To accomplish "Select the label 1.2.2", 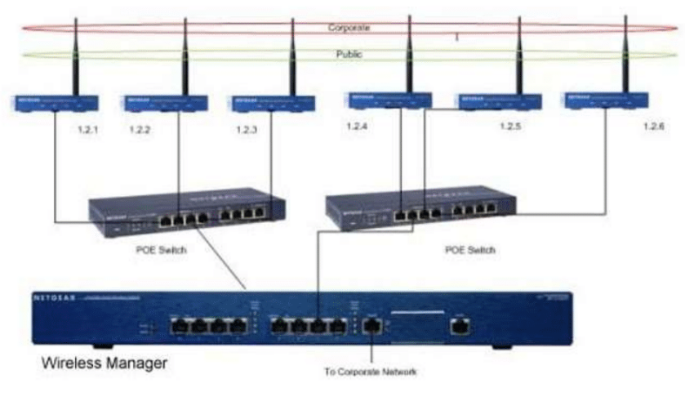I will tap(140, 129).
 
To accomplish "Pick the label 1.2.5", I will tap(511, 127).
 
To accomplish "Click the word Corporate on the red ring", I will tap(349, 28).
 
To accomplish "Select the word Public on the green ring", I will tap(349, 55).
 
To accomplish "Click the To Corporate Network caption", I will tap(371, 372).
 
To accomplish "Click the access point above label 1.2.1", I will tap(54, 104).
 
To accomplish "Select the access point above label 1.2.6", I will tap(607, 100).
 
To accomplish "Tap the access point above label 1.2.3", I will tap(273, 104).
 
